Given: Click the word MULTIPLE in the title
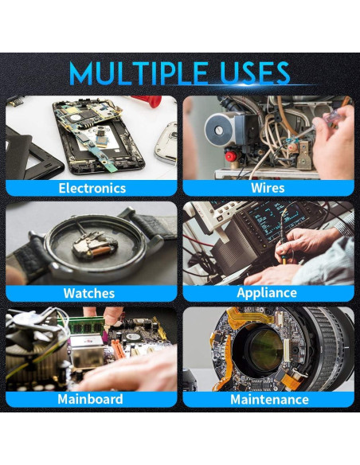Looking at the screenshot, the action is click(x=139, y=73).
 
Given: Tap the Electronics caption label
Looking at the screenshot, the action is click(x=92, y=188).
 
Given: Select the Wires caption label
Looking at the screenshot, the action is click(x=268, y=188).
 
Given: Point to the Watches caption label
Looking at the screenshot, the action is click(x=89, y=293).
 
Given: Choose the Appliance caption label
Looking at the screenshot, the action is click(x=267, y=293).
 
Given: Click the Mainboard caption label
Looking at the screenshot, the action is click(x=90, y=399).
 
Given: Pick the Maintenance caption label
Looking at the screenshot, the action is click(x=269, y=399).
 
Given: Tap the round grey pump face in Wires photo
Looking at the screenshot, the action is click(x=218, y=129).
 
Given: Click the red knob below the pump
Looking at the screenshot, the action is click(x=231, y=156).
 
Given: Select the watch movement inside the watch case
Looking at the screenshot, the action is click(x=94, y=245).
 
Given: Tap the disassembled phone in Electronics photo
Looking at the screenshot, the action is click(x=99, y=136).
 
